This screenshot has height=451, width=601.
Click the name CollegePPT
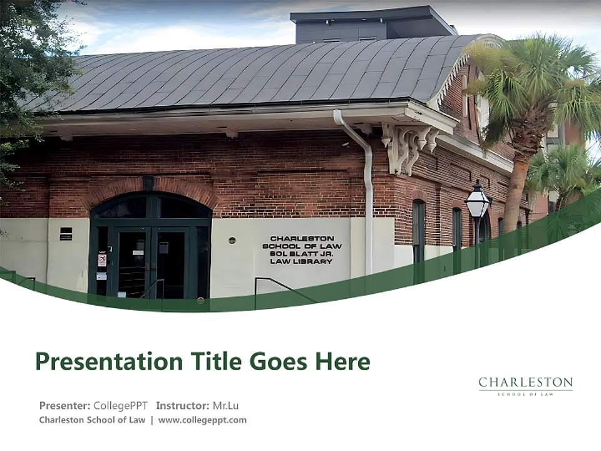(121, 405)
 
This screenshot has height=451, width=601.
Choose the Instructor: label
(182, 405)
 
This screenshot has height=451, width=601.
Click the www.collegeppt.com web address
(202, 420)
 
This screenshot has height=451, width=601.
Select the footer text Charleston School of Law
(92, 420)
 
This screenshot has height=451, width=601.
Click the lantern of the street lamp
(477, 202)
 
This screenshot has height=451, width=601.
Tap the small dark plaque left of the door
(66, 234)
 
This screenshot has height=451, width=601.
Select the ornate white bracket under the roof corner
(407, 147)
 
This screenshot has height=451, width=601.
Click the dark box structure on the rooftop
(369, 25)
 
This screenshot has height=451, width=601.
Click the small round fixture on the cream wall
(232, 240)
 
